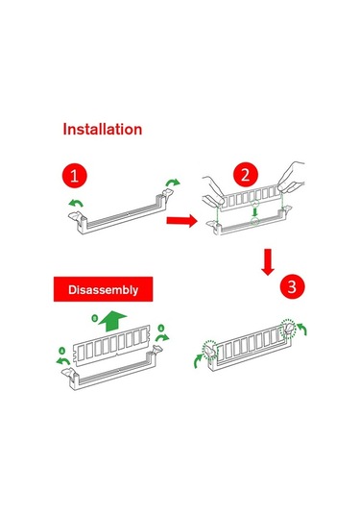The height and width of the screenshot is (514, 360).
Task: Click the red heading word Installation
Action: [x=102, y=129]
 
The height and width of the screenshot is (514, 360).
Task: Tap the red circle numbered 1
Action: [x=74, y=176]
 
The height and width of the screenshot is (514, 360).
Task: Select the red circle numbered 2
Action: [x=246, y=175]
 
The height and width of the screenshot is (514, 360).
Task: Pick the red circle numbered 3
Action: [x=292, y=287]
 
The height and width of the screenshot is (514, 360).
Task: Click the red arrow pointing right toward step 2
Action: [x=181, y=220]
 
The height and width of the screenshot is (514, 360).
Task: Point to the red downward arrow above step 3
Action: [x=268, y=262]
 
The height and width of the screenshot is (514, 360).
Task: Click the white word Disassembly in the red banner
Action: [x=103, y=290]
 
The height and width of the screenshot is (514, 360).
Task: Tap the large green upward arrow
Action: [x=112, y=321]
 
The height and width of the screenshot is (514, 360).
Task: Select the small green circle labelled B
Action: [x=94, y=318]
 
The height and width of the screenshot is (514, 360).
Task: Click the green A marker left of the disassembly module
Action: [x=61, y=351]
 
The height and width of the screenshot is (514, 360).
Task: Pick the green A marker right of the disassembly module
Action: [x=161, y=329]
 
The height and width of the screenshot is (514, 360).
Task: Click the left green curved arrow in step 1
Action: [x=76, y=204]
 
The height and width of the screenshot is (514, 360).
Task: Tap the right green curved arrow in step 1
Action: [x=173, y=183]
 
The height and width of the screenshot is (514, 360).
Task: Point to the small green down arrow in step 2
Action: [x=254, y=212]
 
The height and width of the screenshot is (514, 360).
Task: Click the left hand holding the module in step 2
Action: [x=213, y=192]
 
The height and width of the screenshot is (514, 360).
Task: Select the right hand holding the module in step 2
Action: [x=292, y=178]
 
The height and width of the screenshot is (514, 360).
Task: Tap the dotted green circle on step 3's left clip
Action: [x=209, y=350]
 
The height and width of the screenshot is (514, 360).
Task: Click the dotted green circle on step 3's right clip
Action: [x=288, y=329]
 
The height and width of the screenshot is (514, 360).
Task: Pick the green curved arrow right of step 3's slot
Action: [x=302, y=330]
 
